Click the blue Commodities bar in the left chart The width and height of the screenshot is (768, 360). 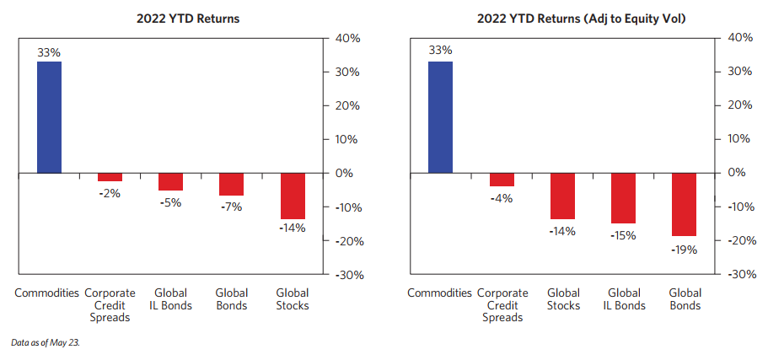[49, 117]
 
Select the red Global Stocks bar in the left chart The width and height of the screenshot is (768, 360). [293, 196]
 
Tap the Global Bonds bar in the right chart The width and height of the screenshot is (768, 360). [685, 204]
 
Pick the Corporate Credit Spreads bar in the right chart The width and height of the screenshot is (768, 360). [502, 180]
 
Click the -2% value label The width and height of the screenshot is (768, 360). [110, 193]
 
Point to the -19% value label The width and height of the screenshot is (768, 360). [685, 249]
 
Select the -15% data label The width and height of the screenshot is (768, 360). [624, 236]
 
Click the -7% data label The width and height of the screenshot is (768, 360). [231, 207]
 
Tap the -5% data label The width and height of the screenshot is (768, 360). [170, 201]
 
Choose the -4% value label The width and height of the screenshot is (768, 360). [502, 198]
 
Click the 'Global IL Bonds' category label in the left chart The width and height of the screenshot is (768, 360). [170, 298]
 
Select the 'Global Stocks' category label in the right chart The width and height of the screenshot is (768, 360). [563, 298]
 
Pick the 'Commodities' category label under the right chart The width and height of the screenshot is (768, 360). [439, 293]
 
